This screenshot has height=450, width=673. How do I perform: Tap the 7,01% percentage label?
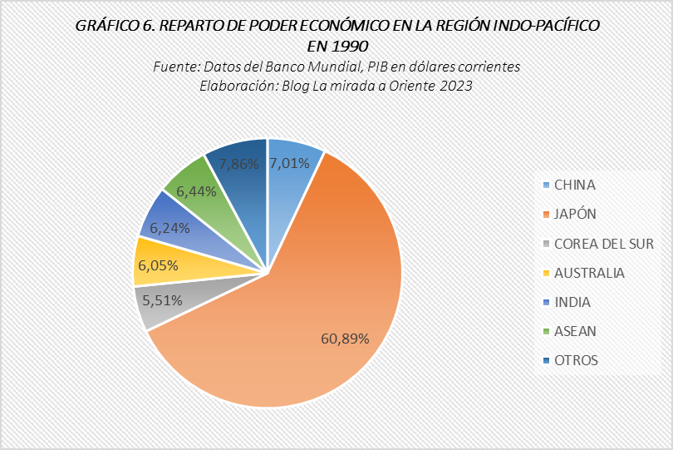pyautogui.click(x=290, y=163)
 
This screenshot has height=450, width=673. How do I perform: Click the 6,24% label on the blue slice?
pyautogui.click(x=170, y=227)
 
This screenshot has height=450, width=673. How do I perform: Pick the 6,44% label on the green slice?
pyautogui.click(x=197, y=191)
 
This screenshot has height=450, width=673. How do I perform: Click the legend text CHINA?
pyautogui.click(x=574, y=185)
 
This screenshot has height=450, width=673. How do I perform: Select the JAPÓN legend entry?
pyautogui.click(x=575, y=214)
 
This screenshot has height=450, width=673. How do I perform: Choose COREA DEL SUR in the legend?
pyautogui.click(x=603, y=244)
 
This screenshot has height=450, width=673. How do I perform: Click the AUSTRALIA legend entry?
pyautogui.click(x=589, y=273)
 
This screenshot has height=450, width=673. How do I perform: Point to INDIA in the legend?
pyautogui.click(x=572, y=302)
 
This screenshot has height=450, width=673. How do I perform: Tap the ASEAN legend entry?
pyautogui.click(x=575, y=331)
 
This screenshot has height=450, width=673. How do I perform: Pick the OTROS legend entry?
pyautogui.click(x=576, y=360)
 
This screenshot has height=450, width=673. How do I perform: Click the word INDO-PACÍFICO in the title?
pyautogui.click(x=538, y=26)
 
